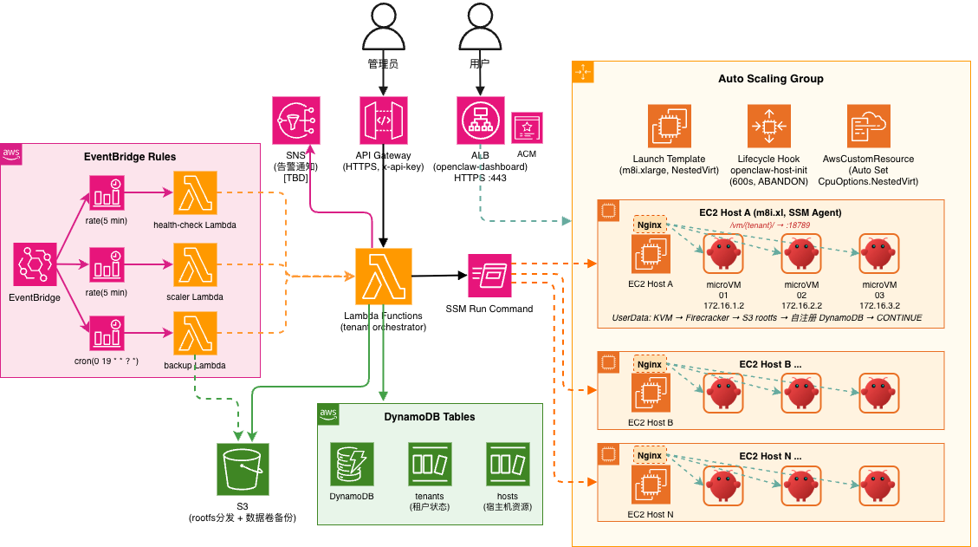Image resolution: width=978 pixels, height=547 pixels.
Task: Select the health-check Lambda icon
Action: click(x=195, y=193)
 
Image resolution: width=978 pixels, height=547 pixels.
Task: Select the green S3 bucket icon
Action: click(x=243, y=469)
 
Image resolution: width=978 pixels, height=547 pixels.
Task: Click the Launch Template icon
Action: click(x=669, y=127)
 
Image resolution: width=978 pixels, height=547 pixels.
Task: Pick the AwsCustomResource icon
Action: click(x=869, y=127)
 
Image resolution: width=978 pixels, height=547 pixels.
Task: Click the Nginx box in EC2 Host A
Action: click(x=649, y=224)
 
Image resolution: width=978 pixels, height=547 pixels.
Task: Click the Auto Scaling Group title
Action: click(x=770, y=79)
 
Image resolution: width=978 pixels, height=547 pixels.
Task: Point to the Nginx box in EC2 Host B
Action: click(x=649, y=364)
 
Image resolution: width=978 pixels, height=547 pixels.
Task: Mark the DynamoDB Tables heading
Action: click(x=429, y=417)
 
